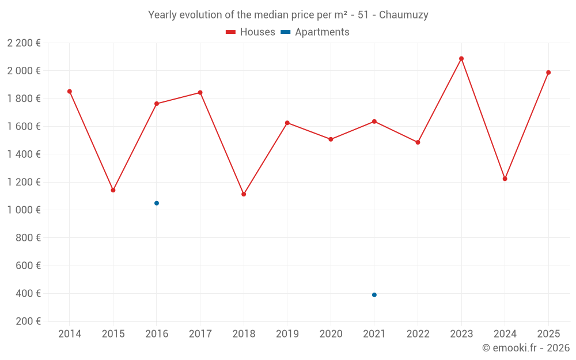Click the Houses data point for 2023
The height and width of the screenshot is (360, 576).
point(461,59)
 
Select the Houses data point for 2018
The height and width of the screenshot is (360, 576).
point(244,194)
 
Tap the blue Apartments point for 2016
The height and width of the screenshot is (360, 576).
point(157,203)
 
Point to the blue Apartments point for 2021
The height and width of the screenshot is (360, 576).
point(374,295)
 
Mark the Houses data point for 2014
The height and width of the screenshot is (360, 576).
point(70,92)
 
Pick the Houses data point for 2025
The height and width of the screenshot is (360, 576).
point(548,73)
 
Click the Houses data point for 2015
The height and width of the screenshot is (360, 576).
point(113,190)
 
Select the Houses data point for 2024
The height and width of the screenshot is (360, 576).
point(505,179)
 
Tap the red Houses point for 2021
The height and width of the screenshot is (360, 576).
point(374,122)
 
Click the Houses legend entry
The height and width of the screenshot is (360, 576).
point(251,32)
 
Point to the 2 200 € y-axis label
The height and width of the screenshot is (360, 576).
point(24,43)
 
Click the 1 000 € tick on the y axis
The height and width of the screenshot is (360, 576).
point(24,210)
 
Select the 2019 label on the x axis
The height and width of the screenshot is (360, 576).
point(287,334)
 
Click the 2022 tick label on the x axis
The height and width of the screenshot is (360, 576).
point(418,334)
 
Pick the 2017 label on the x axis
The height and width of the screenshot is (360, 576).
point(200,334)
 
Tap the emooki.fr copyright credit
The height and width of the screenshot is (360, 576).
point(526,348)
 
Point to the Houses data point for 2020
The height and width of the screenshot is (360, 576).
point(331,139)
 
